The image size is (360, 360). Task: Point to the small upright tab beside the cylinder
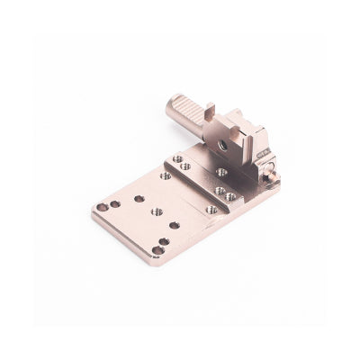coord(209,112)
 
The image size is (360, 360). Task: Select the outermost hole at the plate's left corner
coord(102,207)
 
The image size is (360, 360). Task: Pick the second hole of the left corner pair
coord(115,203)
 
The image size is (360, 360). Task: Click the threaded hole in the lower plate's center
coord(157,212)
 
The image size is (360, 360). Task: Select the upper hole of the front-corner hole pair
coord(164,241)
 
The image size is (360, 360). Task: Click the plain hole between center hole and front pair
coord(174,224)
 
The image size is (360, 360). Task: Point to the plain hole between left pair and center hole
coord(139,198)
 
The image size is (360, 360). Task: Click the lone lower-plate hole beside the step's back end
coord(166,175)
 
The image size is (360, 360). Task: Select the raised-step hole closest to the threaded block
coord(220,171)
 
